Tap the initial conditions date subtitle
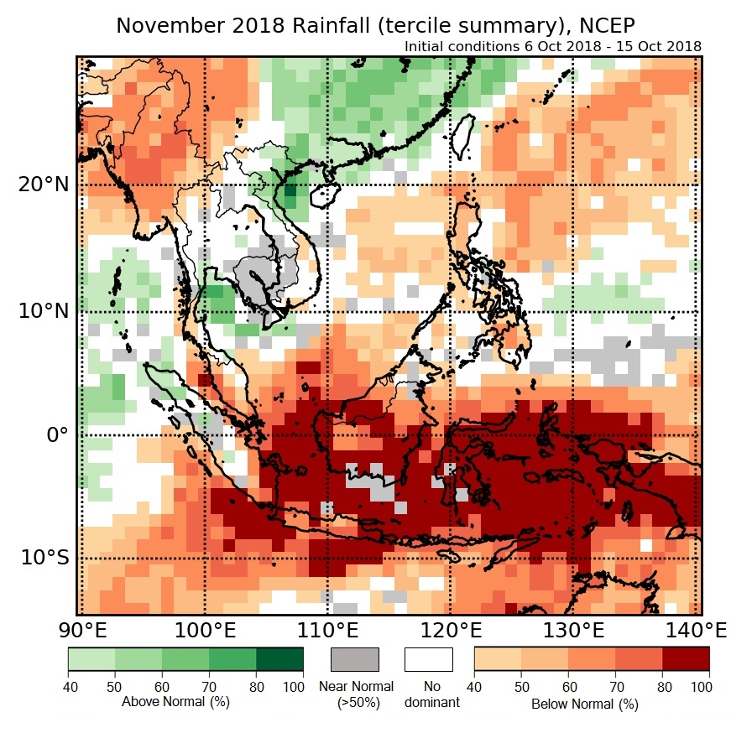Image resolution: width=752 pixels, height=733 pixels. click(553, 46)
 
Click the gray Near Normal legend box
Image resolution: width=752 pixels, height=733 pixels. click(355, 659)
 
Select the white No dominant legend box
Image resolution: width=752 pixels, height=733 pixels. click(428, 659)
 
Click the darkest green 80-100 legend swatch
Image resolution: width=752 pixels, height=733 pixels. click(279, 659)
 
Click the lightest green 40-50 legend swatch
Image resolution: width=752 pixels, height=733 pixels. click(91, 659)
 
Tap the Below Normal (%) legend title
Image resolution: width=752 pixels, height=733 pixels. click(584, 704)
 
